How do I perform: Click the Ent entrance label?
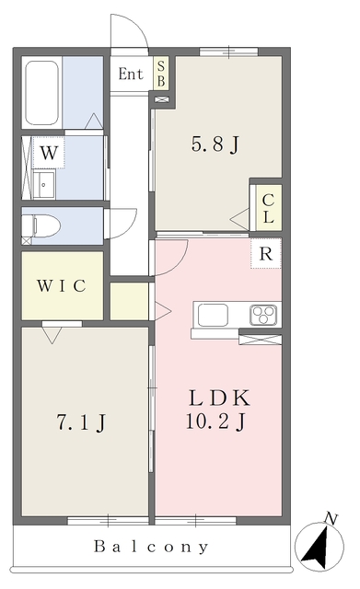131,74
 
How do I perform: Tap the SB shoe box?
161,74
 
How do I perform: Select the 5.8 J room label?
215,144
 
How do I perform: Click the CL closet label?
268,208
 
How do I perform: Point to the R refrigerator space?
266,254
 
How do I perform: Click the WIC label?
62,286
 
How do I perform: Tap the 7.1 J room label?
82,422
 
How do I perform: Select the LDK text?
219,398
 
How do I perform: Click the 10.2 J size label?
216,422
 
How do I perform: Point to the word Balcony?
151,547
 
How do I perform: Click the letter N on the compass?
331,519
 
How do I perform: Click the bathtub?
41,92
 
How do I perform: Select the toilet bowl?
41,225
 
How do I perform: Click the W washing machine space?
49,153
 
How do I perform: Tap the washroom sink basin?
44,185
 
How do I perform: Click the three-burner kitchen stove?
263,315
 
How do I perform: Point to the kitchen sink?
213,315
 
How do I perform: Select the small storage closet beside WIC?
129,301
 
